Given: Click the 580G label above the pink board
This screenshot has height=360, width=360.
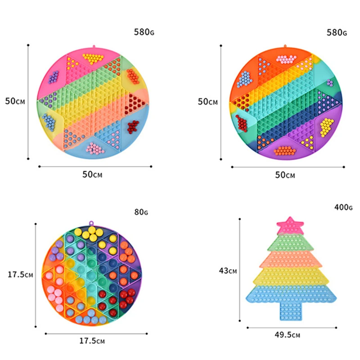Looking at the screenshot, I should [144, 32].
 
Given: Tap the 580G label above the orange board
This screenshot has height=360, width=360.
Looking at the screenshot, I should [337, 32].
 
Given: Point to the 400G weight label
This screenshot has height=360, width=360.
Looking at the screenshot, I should [343, 207].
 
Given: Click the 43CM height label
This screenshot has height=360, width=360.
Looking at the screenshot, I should [228, 271].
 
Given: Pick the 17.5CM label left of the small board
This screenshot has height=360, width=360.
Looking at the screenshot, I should [20, 274].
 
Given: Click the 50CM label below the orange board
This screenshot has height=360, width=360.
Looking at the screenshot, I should [285, 175].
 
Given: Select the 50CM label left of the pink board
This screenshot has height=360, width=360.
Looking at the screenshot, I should [15, 101].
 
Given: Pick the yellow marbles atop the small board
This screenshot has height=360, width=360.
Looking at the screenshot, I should [92, 233].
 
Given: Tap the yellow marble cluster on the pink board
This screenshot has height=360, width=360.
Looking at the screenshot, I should [93, 58].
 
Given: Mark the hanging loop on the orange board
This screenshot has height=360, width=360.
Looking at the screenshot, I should [285, 46].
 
